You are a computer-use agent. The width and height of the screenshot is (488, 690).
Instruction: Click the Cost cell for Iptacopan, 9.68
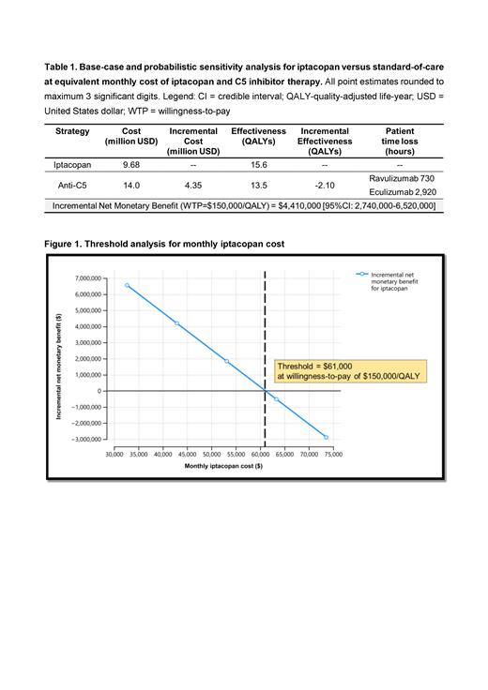131,164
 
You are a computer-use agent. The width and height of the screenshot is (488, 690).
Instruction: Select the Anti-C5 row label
72,185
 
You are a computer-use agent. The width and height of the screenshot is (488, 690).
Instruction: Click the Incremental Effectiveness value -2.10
324,185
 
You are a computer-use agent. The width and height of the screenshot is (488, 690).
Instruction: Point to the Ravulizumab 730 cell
400,177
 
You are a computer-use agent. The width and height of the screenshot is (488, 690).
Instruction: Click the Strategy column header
72,131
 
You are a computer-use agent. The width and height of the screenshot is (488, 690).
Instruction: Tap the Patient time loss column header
400,141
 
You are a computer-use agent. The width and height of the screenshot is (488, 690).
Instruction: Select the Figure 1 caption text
164,244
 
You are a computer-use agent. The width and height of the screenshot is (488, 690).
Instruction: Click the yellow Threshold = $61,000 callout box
348,370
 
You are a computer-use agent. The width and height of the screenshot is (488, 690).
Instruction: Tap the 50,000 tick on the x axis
212,454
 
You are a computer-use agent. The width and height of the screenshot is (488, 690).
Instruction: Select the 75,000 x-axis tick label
333,454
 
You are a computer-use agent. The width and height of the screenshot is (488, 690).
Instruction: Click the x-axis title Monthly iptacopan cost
223,466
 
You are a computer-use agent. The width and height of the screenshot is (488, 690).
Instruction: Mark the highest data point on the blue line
128,286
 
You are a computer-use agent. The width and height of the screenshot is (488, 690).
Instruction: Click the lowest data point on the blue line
327,437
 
